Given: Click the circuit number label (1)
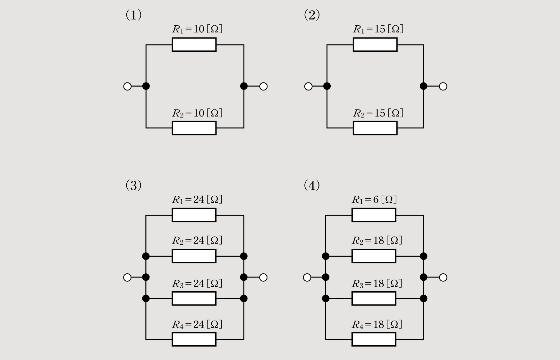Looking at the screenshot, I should tap(133, 15).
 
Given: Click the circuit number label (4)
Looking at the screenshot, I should tap(312, 185).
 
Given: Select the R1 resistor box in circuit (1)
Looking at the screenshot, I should tap(194, 45).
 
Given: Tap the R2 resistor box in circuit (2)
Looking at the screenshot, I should tap(375, 128).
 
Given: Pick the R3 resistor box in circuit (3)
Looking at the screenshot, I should tap(194, 298).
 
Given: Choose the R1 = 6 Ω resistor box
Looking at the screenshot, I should tap(374, 215).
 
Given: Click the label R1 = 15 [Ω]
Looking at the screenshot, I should tap(378, 29).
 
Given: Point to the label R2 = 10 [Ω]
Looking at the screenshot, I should tap(197, 113).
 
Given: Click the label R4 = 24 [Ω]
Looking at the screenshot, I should tap(197, 325).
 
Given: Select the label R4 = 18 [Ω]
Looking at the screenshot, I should tap(377, 325).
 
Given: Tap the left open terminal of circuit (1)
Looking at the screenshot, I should tap(127, 86).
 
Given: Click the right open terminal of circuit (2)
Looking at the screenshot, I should tap(443, 86).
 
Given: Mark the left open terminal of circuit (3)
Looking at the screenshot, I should tap(127, 278).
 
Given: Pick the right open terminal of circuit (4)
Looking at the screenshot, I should tap(443, 278).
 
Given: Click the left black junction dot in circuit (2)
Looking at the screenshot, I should tap(327, 86).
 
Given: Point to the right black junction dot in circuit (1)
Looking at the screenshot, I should tap(244, 86).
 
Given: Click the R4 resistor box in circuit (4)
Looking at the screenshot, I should tap(374, 339).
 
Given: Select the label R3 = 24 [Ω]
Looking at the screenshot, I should tap(197, 284).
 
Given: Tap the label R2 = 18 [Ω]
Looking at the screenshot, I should tap(377, 240).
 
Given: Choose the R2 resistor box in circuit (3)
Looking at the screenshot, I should tap(194, 256).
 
